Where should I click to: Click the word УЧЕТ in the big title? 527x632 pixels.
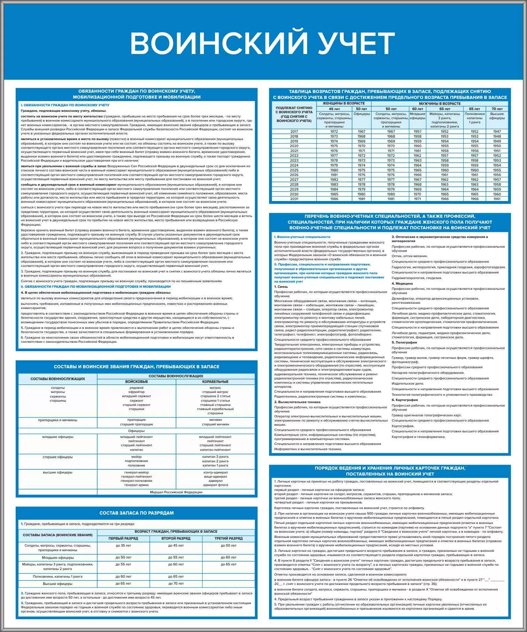pos(356,44)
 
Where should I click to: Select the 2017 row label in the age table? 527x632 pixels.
pos(294,132)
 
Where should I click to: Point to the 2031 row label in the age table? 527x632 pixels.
pos(294,199)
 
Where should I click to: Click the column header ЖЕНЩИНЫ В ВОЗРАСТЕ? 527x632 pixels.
pos(344,103)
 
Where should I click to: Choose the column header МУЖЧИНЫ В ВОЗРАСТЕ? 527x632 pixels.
pos(440,103)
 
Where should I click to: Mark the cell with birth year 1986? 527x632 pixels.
pos(334,199)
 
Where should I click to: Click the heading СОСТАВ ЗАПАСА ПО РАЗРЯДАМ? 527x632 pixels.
pos(136,513)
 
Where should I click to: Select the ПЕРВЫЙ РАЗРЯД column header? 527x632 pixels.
pos(123,538)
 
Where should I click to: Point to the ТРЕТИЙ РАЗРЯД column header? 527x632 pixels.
pos(229,538)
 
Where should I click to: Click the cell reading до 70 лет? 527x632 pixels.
pos(176,583)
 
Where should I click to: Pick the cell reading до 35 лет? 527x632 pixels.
pos(123,546)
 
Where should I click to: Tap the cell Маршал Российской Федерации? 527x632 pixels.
pos(176,492)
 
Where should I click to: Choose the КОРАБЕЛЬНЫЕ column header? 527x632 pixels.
pos(215,382)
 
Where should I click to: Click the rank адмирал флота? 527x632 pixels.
pos(215,485)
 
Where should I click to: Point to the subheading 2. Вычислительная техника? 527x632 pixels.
pos(297,402)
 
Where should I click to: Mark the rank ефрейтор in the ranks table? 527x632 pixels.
pos(136,392)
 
